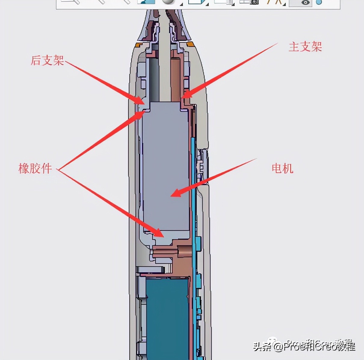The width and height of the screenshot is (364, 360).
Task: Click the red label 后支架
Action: [x=47, y=60]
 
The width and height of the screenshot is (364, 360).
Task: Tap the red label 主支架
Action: [x=305, y=47]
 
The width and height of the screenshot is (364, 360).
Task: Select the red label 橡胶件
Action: [x=35, y=168]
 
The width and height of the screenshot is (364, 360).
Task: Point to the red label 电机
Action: [x=282, y=168]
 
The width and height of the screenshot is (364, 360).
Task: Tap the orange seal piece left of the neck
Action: [x=139, y=45]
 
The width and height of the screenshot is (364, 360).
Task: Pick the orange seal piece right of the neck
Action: [x=190, y=45]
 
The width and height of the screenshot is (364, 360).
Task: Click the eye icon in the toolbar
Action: [x=306, y=2]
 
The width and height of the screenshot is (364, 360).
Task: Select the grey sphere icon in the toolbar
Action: [x=168, y=2]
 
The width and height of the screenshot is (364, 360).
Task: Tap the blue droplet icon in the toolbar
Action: [x=319, y=2]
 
